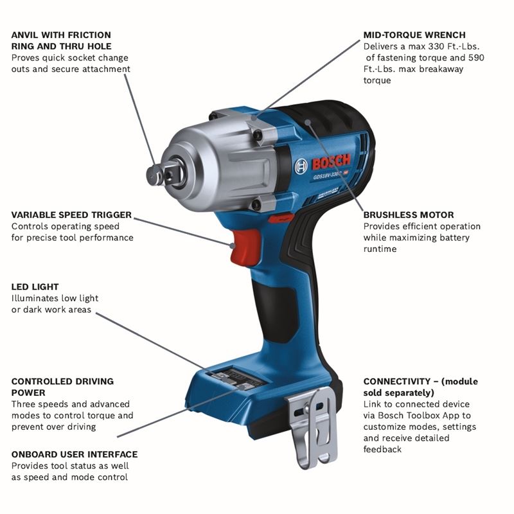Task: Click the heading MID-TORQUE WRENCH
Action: point(414,35)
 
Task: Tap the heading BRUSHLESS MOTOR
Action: point(409,215)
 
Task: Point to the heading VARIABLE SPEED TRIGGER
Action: point(71,215)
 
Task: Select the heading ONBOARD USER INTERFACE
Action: point(75,454)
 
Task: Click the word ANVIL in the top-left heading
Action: point(26,35)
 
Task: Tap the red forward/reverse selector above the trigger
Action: point(277,219)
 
